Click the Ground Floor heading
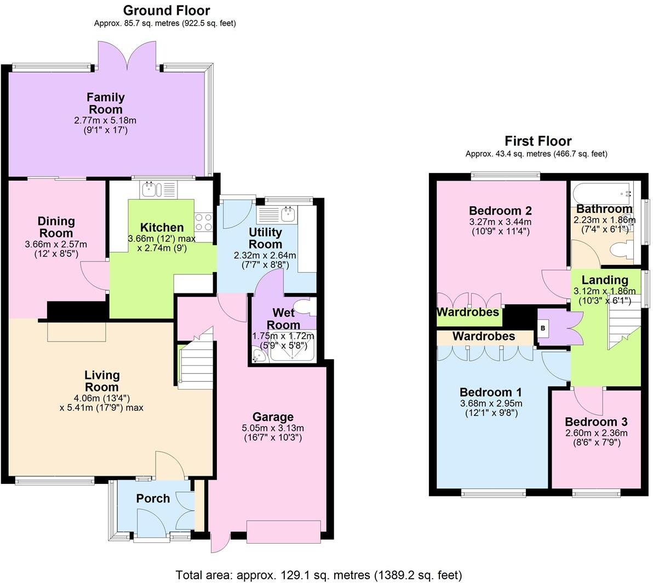pos(166,10)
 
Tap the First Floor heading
pos(537,141)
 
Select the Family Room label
pos(105,103)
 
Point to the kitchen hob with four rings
pos(204,222)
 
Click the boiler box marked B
pos(543,328)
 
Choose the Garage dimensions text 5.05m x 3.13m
pos(272,428)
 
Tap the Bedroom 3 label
pos(596,422)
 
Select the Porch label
pos(153,499)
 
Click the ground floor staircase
pos(195,364)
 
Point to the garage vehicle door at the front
pos(283,532)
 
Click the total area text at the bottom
pos(318,575)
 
